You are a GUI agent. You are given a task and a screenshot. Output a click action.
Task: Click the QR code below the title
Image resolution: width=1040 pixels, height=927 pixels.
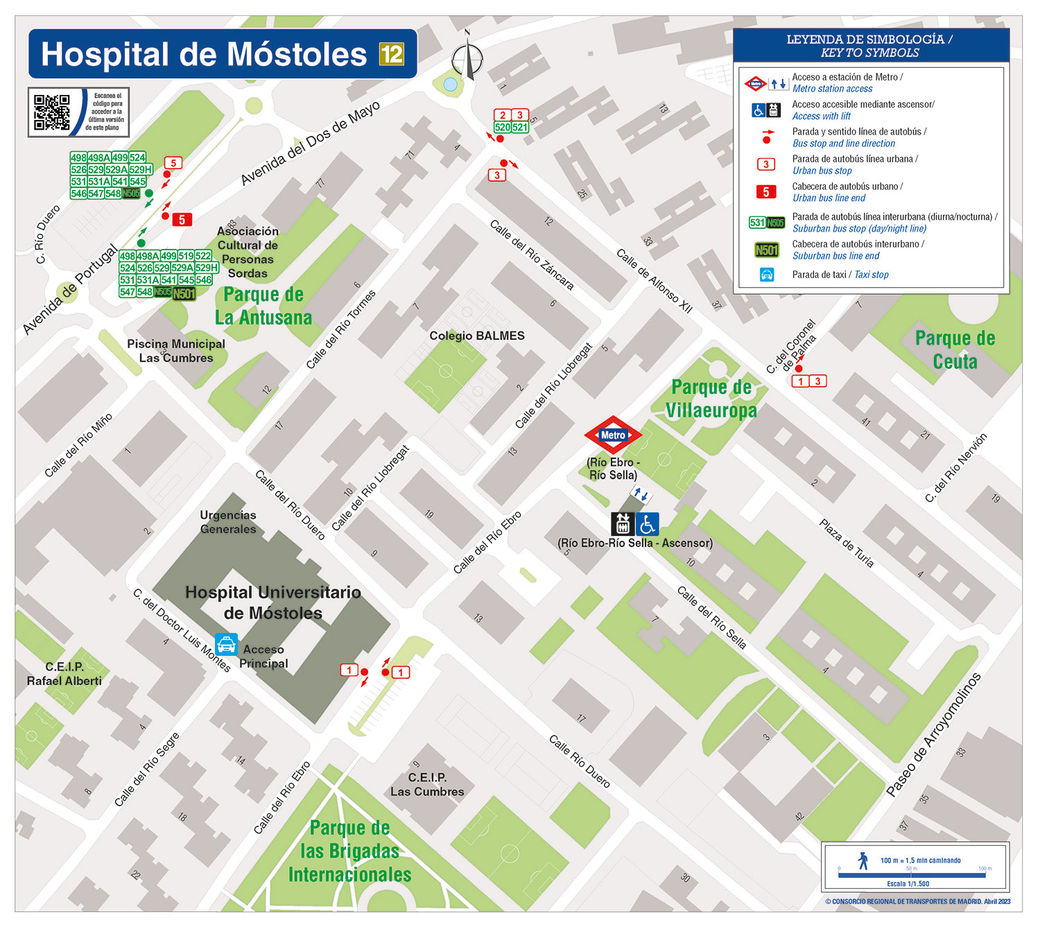click(52, 112)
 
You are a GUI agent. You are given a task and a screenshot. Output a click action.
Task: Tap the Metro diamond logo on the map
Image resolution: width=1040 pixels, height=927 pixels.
click(613, 435)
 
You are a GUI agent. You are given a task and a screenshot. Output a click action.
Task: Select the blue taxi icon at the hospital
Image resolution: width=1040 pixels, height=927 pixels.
click(226, 645)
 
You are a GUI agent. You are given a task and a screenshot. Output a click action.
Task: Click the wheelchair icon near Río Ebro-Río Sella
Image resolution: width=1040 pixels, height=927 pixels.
click(648, 523)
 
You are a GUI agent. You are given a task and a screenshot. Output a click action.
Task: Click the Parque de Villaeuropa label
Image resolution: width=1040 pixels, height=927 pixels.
click(711, 399)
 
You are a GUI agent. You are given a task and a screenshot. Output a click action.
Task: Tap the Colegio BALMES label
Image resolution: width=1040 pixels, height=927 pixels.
click(477, 336)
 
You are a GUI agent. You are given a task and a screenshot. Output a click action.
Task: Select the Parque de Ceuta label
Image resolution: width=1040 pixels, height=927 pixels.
click(955, 350)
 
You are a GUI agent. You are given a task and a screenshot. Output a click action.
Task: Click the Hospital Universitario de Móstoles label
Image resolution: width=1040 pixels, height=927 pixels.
click(273, 603)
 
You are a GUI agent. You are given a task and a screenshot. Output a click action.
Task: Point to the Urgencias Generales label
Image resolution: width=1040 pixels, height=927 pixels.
click(228, 522)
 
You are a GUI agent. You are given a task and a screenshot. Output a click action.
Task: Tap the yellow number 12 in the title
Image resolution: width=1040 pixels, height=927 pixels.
click(391, 54)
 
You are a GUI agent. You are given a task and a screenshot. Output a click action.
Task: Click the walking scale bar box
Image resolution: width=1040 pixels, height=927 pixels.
click(915, 866)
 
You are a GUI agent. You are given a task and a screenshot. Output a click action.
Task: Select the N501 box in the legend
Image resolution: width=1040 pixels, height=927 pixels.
click(766, 250)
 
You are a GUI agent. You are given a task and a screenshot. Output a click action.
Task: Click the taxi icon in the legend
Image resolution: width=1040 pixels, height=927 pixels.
click(766, 275)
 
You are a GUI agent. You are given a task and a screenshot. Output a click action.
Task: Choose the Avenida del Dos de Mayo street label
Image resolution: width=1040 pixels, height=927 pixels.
click(310, 144)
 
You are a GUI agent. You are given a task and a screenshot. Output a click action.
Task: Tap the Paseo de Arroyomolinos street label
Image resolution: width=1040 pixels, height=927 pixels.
click(934, 734)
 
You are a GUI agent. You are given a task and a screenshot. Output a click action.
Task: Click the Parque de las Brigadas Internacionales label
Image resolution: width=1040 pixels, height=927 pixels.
click(349, 851)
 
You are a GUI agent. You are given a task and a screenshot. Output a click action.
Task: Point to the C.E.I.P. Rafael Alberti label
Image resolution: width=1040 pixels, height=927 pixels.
click(64, 674)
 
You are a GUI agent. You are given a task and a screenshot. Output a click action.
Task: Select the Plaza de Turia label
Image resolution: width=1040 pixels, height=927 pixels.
click(847, 544)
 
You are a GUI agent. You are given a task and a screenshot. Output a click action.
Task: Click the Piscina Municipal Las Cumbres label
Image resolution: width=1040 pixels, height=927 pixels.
click(176, 351)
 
